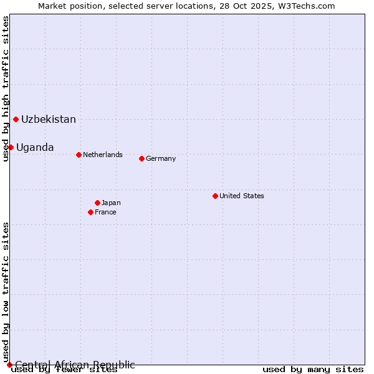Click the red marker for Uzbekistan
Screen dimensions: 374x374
pyautogui.click(x=16, y=119)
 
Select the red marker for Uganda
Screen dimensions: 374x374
pyautogui.click(x=11, y=147)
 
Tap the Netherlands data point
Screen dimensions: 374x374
pyautogui.click(x=79, y=155)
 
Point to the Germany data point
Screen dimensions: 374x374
pyautogui.click(x=141, y=158)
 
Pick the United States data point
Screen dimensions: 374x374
pyautogui.click(x=215, y=196)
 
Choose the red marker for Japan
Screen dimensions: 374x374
pyautogui.click(x=97, y=203)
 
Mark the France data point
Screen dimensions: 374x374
pyautogui.click(x=90, y=212)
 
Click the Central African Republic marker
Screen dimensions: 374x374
pyautogui.click(x=9, y=365)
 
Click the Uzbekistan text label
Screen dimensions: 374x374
pyautogui.click(x=49, y=119)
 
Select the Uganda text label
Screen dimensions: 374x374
pyautogui.click(x=35, y=147)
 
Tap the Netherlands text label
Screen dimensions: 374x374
pyautogui.click(x=103, y=155)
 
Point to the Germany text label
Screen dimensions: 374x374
pyautogui.click(x=161, y=158)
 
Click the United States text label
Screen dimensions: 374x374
pyautogui.click(x=242, y=196)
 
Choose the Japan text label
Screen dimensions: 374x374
pyautogui.click(x=111, y=203)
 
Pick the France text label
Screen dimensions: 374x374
pyautogui.click(x=105, y=212)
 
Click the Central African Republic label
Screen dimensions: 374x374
pyautogui.click(x=75, y=365)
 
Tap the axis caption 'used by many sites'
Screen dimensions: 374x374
pyautogui.click(x=313, y=370)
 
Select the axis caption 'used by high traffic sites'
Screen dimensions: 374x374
pyautogui.click(x=6, y=89)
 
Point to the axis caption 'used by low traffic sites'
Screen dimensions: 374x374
pyautogui.click(x=6, y=292)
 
